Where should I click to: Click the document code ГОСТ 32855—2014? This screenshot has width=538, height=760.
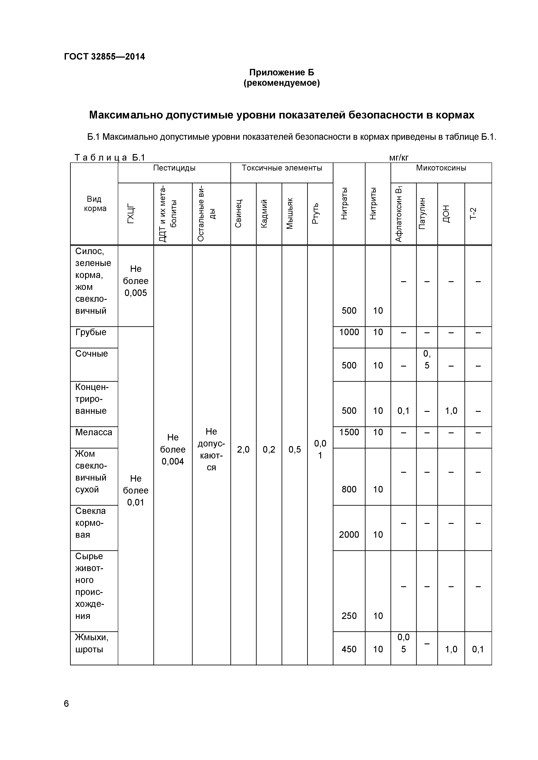point(104,57)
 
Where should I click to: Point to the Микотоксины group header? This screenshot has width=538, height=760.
point(441,168)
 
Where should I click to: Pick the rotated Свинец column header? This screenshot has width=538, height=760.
point(238,213)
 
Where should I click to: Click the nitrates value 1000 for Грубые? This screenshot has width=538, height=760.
point(349,332)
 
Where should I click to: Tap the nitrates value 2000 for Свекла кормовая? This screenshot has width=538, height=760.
point(349,535)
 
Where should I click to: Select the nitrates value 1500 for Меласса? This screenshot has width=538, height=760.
point(349,432)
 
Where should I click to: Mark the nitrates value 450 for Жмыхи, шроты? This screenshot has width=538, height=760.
point(349,649)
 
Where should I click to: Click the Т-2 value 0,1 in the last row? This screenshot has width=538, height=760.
point(478,649)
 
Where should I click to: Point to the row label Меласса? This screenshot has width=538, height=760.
point(93,432)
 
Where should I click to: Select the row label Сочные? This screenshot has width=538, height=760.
point(92,354)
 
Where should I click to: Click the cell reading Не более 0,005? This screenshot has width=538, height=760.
point(136,281)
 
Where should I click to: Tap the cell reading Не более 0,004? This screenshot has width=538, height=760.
point(173,449)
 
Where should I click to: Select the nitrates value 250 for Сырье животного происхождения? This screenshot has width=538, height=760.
point(349,616)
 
